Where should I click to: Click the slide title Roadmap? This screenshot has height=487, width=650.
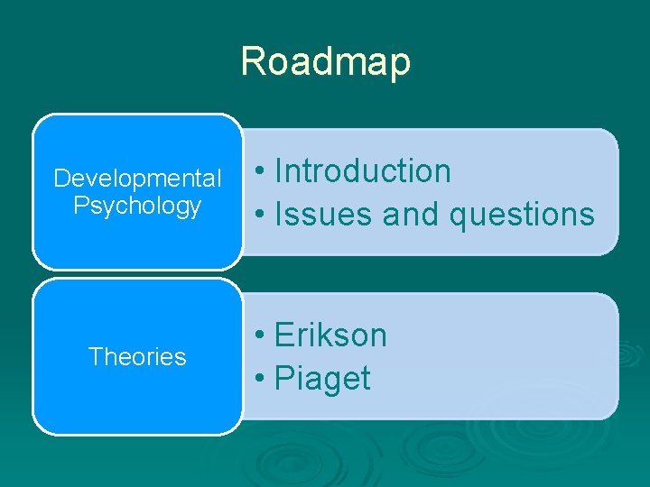pos(325,62)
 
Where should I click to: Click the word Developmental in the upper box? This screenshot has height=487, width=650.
pos(137,179)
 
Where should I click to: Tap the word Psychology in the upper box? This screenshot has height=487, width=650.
pos(137,206)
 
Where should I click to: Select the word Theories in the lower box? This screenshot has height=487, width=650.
pos(137,357)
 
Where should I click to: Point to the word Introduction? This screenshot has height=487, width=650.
pos(362,170)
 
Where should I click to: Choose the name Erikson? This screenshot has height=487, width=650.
pos(330,335)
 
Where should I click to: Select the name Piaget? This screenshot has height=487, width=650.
pos(322,379)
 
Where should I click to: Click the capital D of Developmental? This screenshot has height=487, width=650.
pos(60,179)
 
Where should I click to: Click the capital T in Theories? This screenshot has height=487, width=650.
pos(94,357)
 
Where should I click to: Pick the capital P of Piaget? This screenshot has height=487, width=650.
pos(283,379)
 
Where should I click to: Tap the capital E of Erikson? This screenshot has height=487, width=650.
pos(283,335)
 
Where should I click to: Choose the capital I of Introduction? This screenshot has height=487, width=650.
pos(278,170)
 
